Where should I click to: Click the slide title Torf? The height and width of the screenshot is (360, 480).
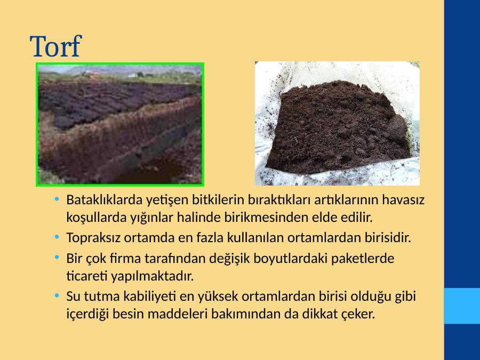coord(55,46)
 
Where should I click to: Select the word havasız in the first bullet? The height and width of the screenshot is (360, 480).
coord(403,200)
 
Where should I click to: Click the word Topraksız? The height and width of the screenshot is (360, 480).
coord(93,238)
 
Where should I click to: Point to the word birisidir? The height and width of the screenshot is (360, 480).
coord(388,237)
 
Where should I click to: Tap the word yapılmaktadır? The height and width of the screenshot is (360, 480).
coord(152,276)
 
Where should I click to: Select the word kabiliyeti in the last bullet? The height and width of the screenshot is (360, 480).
coord(150,297)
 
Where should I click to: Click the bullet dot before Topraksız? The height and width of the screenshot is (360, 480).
coord(57,237)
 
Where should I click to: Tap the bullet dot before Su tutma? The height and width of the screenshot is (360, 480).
coord(57,295)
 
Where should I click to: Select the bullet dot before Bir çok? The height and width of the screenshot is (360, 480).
coord(57,258)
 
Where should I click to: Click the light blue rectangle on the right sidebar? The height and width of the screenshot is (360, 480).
coord(462,306)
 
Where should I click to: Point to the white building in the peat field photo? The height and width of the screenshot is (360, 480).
coord(133,75)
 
